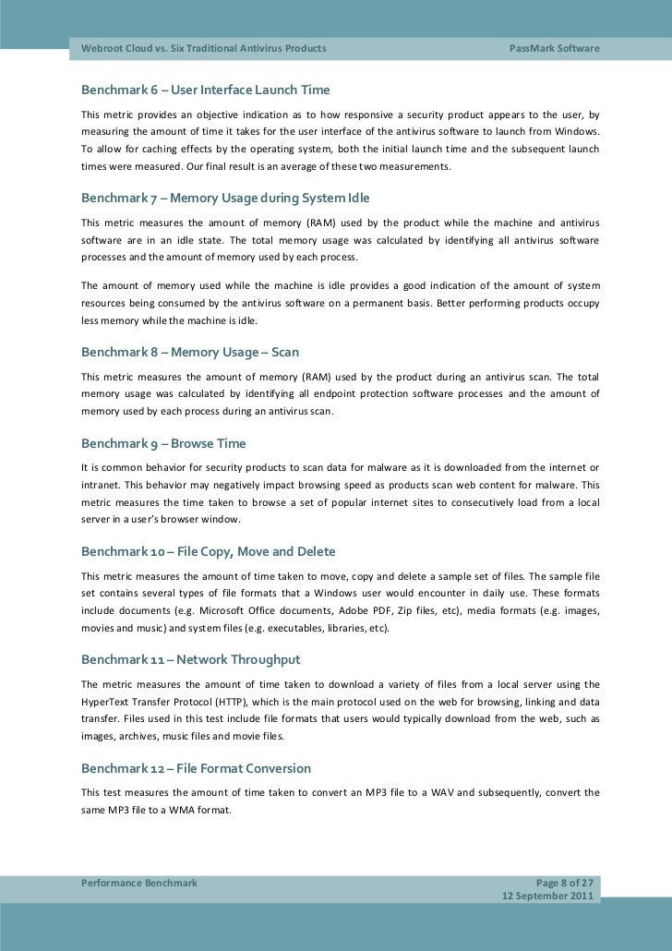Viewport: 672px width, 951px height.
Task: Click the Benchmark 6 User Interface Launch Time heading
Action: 205,92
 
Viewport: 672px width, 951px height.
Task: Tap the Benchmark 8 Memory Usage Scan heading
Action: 189,353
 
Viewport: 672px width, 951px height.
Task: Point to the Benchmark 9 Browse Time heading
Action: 163,443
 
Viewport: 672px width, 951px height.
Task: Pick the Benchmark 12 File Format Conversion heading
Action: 196,768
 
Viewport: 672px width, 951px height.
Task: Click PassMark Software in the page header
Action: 554,47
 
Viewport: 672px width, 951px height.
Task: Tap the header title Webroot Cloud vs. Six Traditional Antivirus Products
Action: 202,47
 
